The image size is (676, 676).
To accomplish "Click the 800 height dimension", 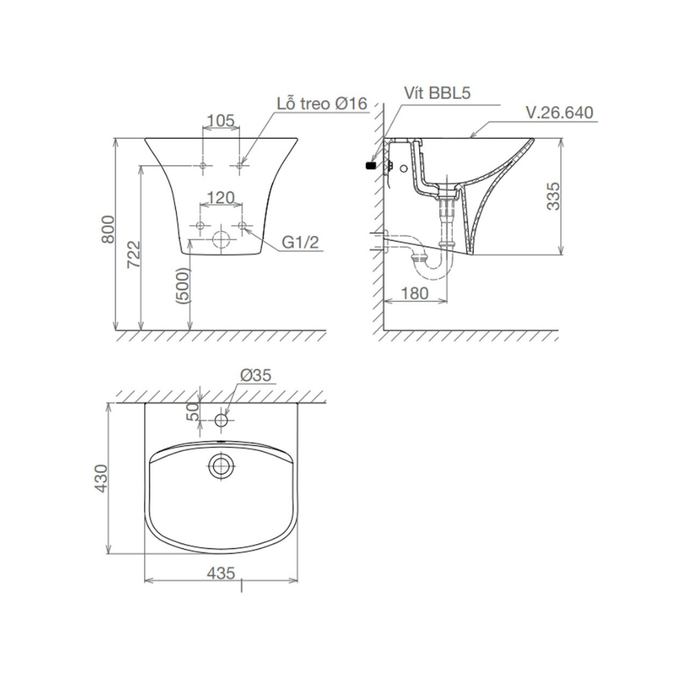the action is pyautogui.click(x=108, y=229).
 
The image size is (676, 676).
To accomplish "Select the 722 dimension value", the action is pyautogui.click(x=134, y=254).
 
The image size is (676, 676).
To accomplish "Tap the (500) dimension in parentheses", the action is pyautogui.click(x=183, y=286).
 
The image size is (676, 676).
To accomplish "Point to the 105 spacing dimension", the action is pyautogui.click(x=220, y=121).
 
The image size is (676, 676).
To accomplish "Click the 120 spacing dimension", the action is pyautogui.click(x=221, y=197).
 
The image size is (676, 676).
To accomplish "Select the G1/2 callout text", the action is pyautogui.click(x=301, y=242).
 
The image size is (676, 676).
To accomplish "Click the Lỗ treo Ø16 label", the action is pyautogui.click(x=322, y=103).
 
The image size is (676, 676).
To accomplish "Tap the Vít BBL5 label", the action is pyautogui.click(x=437, y=93).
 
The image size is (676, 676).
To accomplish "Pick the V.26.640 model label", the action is pyautogui.click(x=560, y=112).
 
